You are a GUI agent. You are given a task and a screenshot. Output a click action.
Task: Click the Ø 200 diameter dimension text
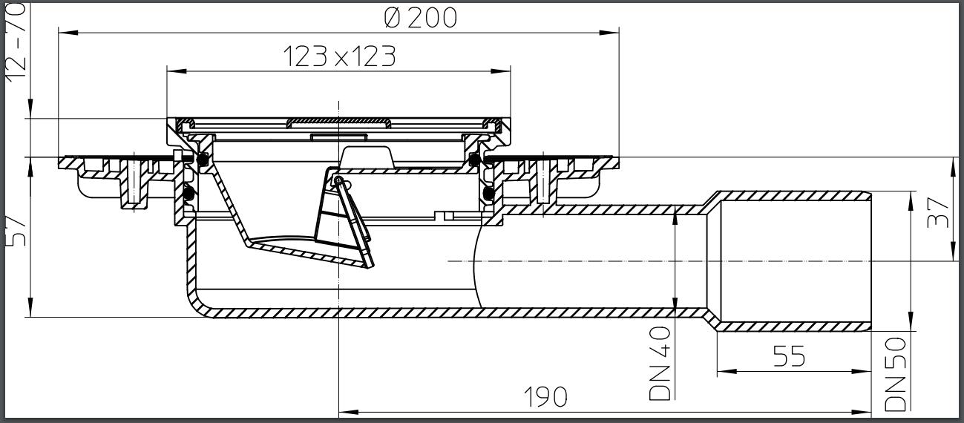click(421, 17)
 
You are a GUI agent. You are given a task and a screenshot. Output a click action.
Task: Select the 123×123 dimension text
click(339, 56)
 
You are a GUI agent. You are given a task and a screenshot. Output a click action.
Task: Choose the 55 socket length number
click(789, 357)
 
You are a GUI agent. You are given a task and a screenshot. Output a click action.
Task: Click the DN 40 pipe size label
click(660, 364)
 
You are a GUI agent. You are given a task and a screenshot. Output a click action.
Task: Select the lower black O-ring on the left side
click(188, 194)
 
